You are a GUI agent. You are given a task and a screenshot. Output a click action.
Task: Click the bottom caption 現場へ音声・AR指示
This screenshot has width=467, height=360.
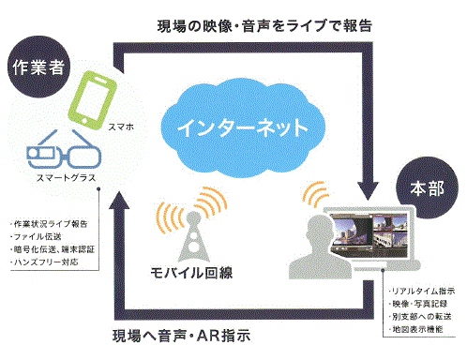219,335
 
